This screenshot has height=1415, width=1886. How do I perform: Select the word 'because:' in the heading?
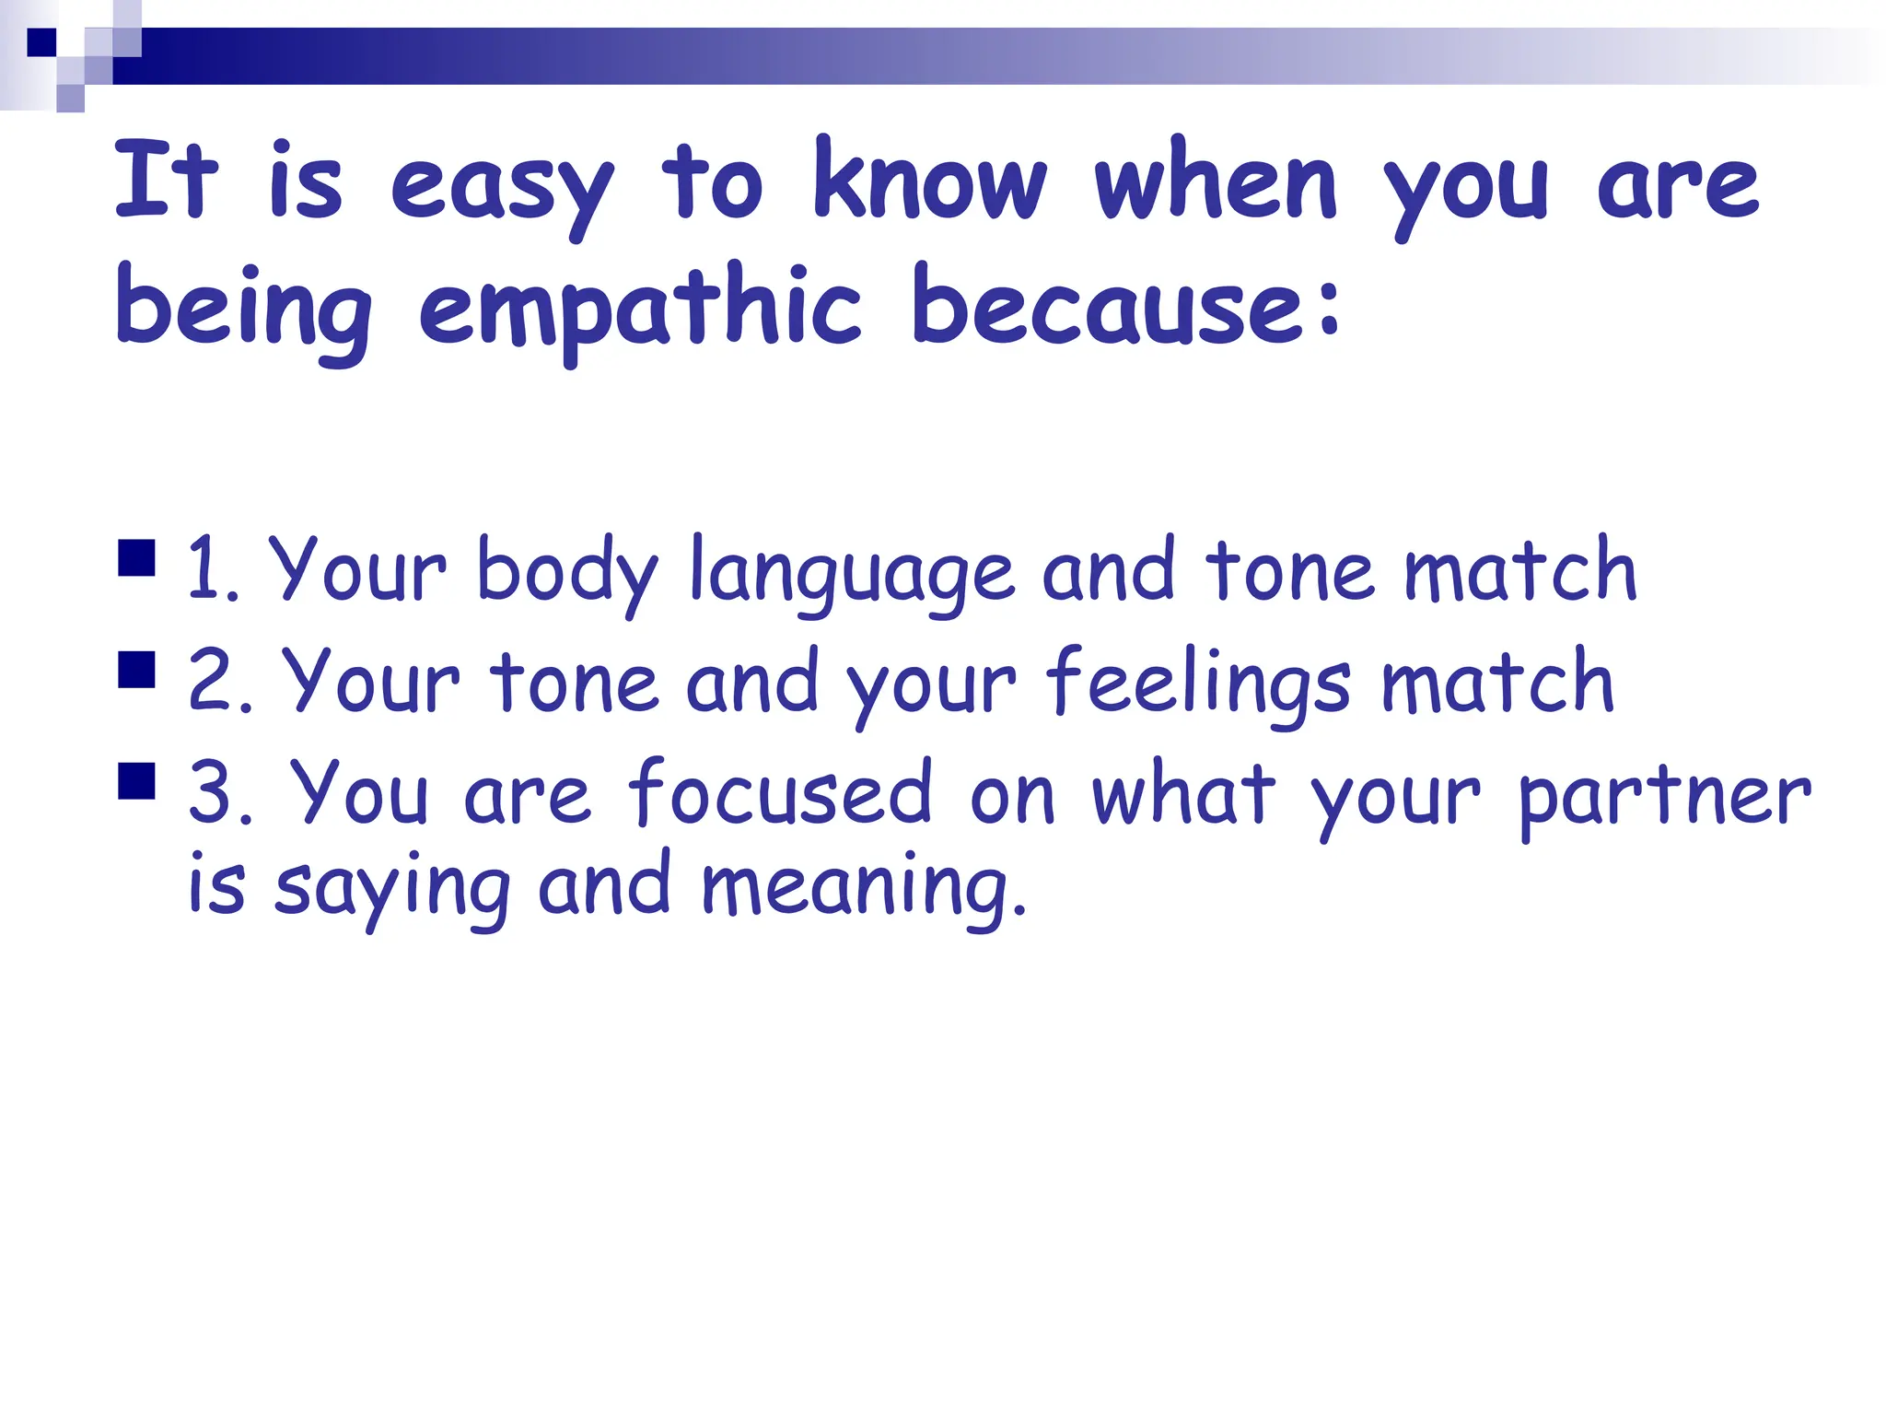(1126, 304)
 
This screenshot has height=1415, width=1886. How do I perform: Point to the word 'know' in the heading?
(930, 181)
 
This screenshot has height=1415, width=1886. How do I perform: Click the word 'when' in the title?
(1216, 181)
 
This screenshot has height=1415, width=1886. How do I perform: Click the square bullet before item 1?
(136, 558)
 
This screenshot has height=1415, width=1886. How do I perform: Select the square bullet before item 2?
(136, 670)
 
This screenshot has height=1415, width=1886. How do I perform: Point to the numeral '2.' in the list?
(219, 682)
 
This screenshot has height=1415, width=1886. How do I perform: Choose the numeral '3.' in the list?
(220, 792)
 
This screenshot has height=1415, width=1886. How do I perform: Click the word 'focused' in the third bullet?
(780, 792)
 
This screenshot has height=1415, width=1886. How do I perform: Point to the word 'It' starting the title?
(166, 181)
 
